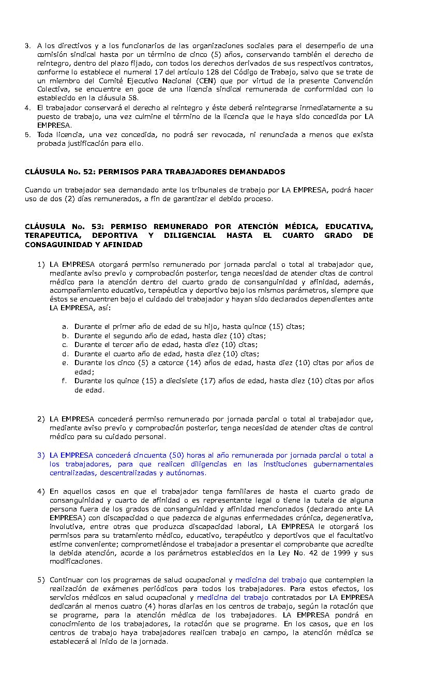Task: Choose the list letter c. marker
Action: [65, 345]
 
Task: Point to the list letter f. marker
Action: [65, 381]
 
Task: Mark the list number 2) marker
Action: [41, 419]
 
